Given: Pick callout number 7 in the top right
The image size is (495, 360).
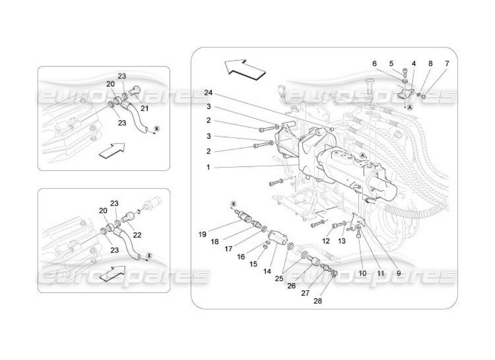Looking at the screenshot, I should click(446, 64).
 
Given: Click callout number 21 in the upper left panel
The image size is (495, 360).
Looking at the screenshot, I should click(144, 108).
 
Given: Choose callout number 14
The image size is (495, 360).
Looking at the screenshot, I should click(267, 272).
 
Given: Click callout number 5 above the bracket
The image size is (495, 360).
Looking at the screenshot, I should click(391, 64).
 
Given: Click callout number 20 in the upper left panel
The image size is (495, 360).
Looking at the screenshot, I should click(111, 84).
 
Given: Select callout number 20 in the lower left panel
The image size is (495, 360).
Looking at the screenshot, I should click(103, 210).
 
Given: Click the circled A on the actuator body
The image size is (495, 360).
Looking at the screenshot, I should click(362, 155).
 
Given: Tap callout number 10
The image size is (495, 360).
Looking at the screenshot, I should click(363, 273).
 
